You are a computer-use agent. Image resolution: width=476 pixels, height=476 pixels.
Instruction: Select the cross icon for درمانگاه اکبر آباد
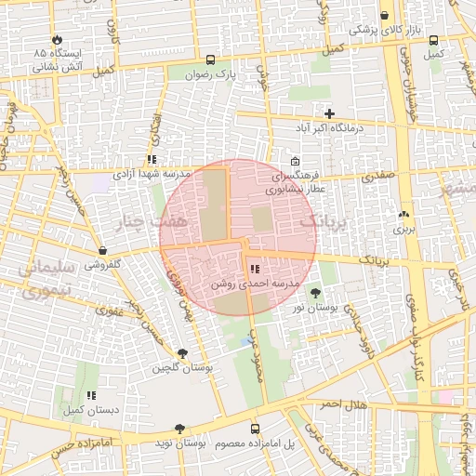pyautogui.click(x=329, y=113)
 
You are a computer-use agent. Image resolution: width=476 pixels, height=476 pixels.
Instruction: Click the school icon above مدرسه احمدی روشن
pyautogui.click(x=255, y=269)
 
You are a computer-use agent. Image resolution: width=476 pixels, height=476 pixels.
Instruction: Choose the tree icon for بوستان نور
pyautogui.click(x=313, y=294)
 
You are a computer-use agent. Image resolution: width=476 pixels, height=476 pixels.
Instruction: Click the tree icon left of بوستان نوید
pyautogui.click(x=178, y=429)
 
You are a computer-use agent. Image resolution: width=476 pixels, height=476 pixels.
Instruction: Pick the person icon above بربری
pyautogui.click(x=403, y=214)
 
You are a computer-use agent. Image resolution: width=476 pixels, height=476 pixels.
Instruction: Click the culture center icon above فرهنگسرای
pyautogui.click(x=295, y=160)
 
